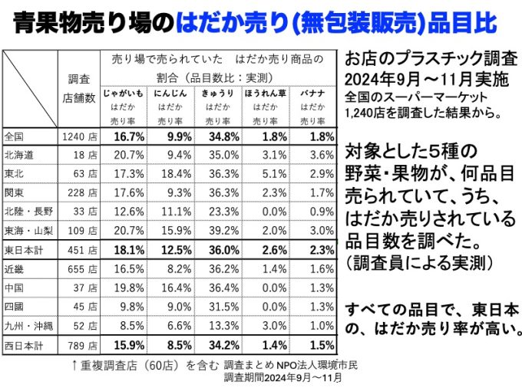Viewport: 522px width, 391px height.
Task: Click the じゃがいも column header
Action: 124,92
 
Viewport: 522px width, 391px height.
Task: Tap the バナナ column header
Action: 312,92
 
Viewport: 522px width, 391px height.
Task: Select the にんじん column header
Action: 170,92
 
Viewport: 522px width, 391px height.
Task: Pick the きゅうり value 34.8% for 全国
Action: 218,136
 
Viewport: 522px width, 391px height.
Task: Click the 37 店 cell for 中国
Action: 82,288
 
